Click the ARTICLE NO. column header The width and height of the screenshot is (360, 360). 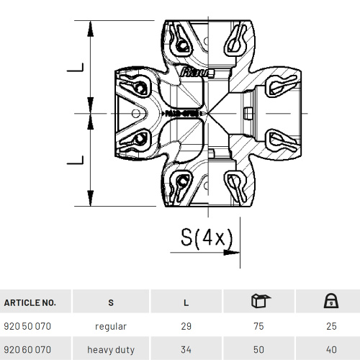click(x=30, y=302)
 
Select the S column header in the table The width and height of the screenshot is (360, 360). click(x=110, y=302)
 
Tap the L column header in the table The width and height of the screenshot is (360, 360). click(x=186, y=302)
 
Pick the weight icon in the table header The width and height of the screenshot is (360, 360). click(x=331, y=301)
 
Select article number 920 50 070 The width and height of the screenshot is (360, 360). click(x=27, y=326)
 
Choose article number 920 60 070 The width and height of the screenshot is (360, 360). click(x=27, y=349)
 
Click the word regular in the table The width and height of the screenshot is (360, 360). click(x=110, y=326)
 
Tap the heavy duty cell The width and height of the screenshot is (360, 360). click(x=110, y=349)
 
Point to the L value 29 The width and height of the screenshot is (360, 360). click(x=186, y=326)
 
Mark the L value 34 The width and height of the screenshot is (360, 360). click(x=186, y=349)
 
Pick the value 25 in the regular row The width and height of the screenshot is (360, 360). click(x=331, y=326)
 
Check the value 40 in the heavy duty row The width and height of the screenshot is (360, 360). click(x=331, y=349)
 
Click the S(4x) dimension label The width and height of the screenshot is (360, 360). click(x=207, y=237)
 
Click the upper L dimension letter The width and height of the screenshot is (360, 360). click(x=74, y=68)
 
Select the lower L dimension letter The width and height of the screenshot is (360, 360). click(x=74, y=158)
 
